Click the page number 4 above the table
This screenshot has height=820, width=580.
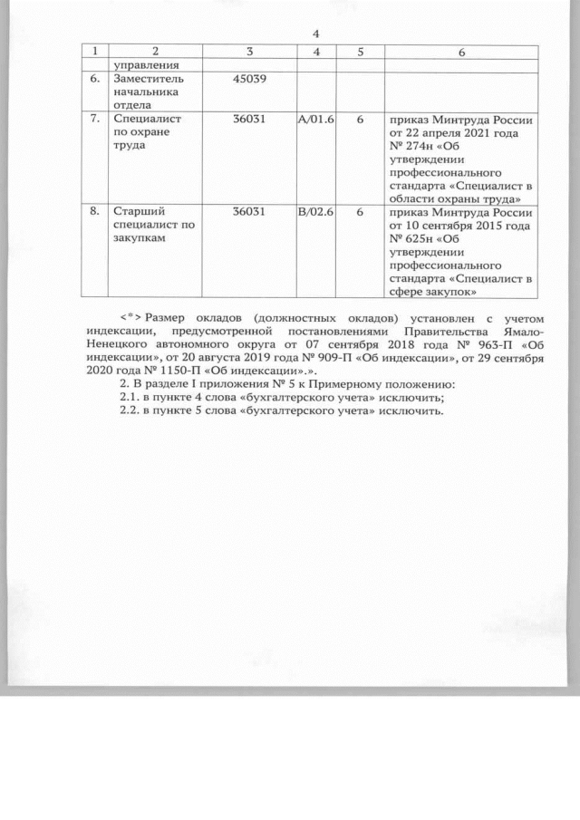[x=314, y=34]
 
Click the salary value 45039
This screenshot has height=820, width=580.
[x=249, y=81]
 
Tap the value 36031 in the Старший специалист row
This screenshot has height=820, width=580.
[x=249, y=211]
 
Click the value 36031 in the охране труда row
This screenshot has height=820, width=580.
[x=249, y=119]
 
